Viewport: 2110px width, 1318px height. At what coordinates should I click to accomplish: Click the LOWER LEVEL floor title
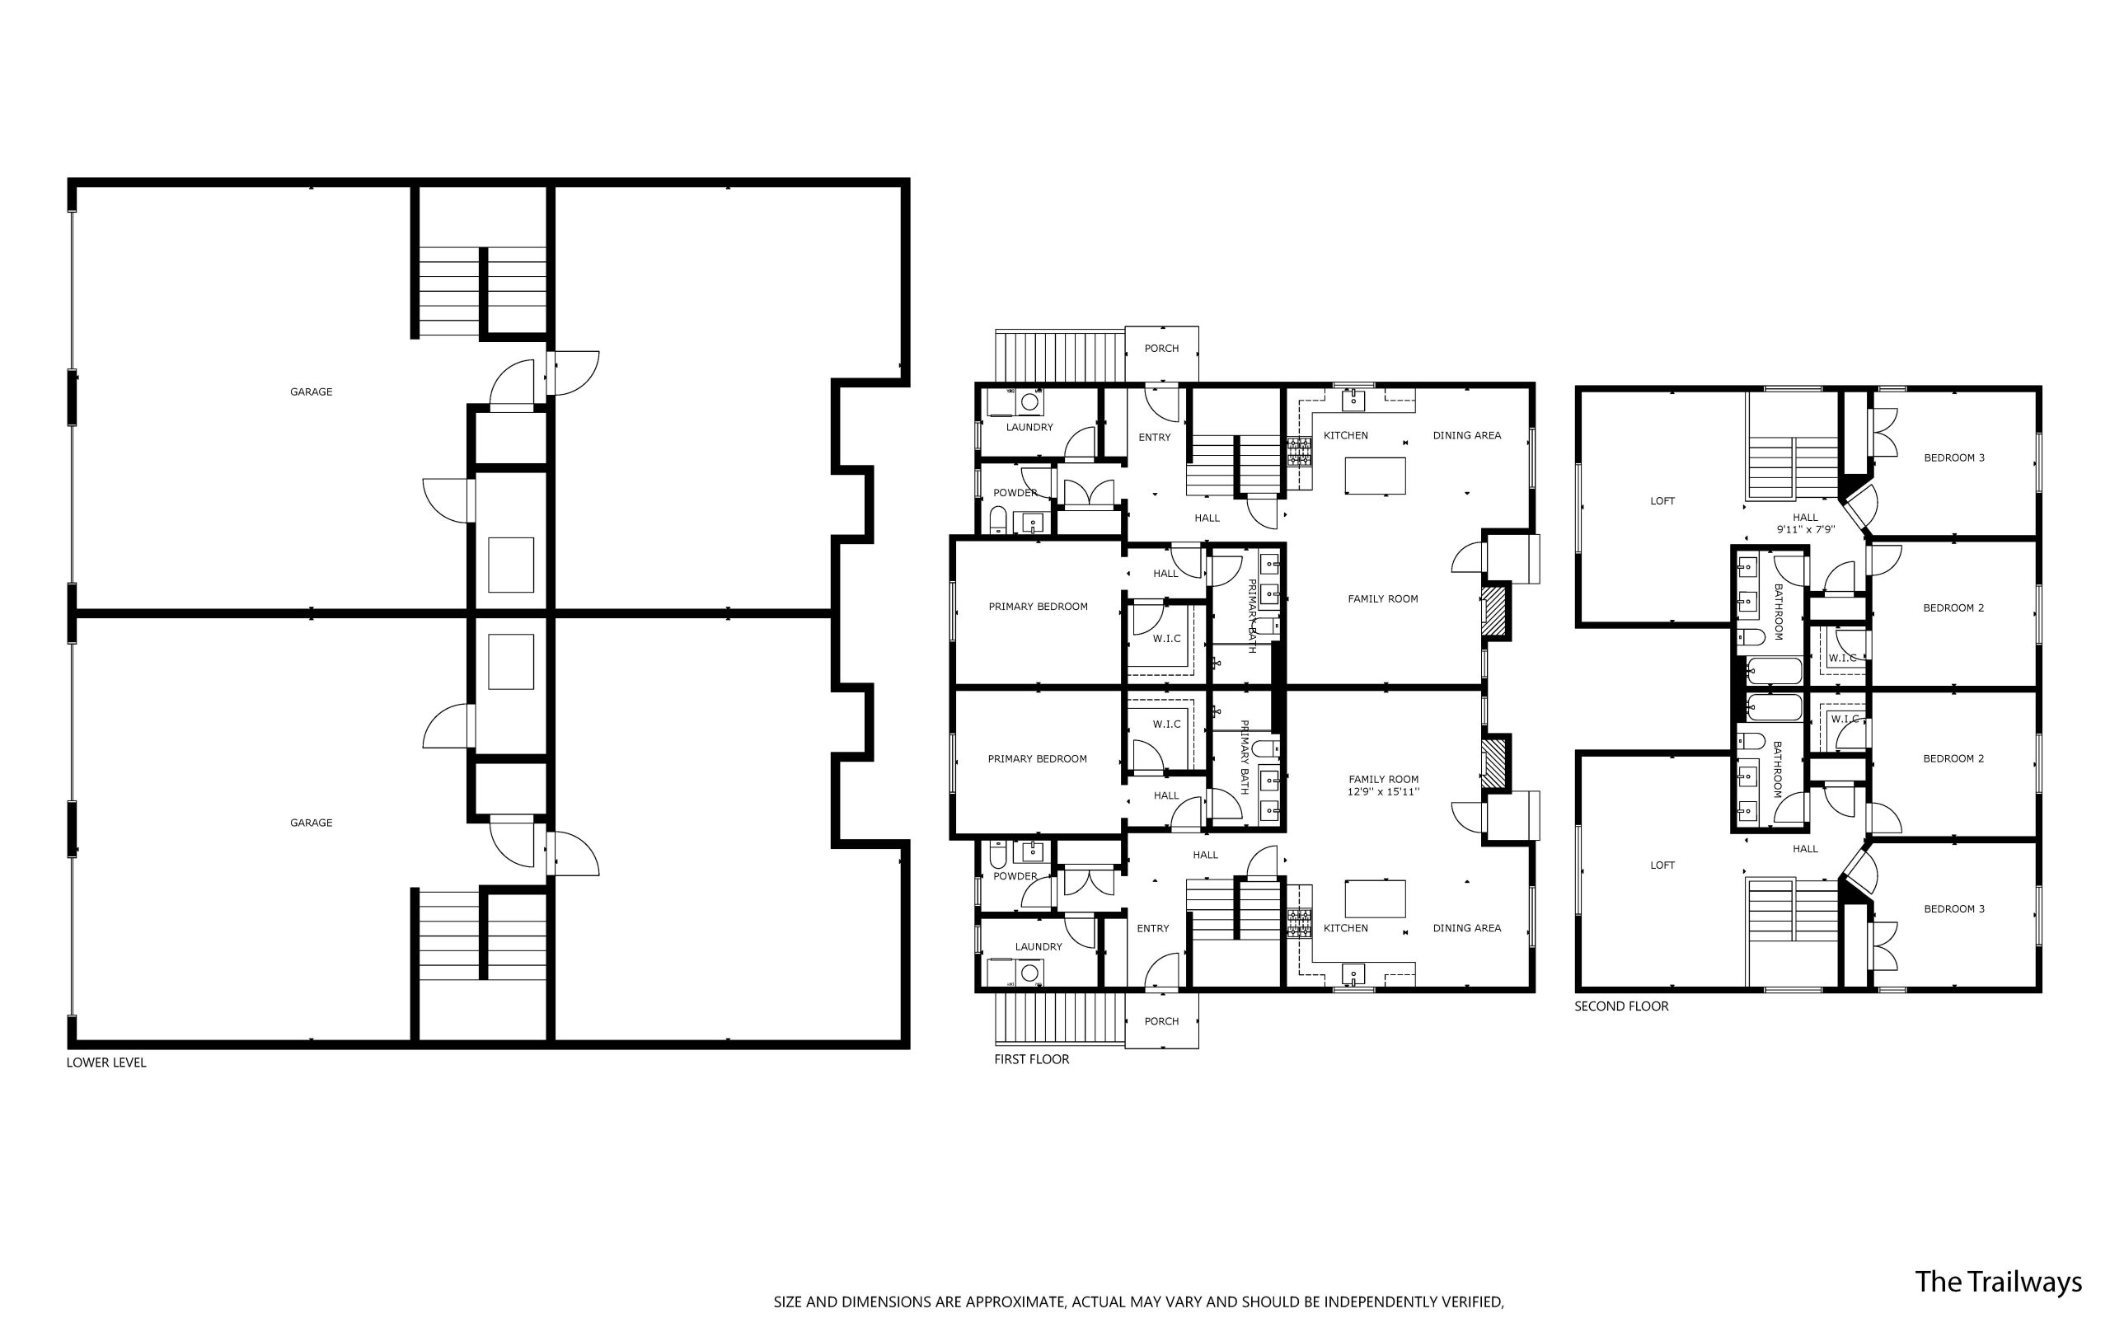[106, 1062]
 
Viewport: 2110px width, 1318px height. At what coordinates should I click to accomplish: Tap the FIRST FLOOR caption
[1031, 1059]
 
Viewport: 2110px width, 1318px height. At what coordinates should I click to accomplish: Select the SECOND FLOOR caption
[1621, 1006]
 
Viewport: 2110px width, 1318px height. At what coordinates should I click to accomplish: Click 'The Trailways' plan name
[1998, 1282]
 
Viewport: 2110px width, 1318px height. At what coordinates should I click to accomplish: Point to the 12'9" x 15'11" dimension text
[1383, 792]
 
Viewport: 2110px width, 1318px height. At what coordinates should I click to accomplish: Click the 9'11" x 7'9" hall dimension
[1806, 529]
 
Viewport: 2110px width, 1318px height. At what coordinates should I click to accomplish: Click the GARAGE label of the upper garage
[311, 392]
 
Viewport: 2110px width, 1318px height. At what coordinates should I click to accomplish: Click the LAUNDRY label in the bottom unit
[1038, 946]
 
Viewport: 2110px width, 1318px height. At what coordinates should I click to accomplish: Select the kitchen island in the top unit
[1375, 476]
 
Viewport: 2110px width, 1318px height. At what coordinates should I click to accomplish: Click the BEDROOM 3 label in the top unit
[1954, 457]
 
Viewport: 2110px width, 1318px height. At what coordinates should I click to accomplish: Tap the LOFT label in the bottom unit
[1662, 865]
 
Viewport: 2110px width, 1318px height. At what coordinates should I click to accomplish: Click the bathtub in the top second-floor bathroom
[1775, 672]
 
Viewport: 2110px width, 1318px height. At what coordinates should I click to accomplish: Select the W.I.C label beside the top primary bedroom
[1166, 639]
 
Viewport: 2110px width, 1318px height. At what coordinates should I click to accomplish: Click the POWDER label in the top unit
[1015, 494]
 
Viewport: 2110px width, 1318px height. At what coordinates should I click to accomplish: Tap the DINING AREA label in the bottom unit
[1467, 928]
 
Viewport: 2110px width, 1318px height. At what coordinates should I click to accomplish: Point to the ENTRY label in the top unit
[1154, 438]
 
